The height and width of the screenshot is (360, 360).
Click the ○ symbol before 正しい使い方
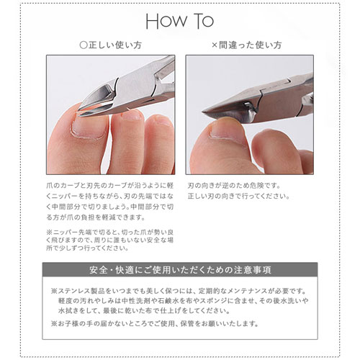point(84,45)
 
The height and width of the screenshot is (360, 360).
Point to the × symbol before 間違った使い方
point(214,45)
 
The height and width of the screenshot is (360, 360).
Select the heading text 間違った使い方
point(247,45)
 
